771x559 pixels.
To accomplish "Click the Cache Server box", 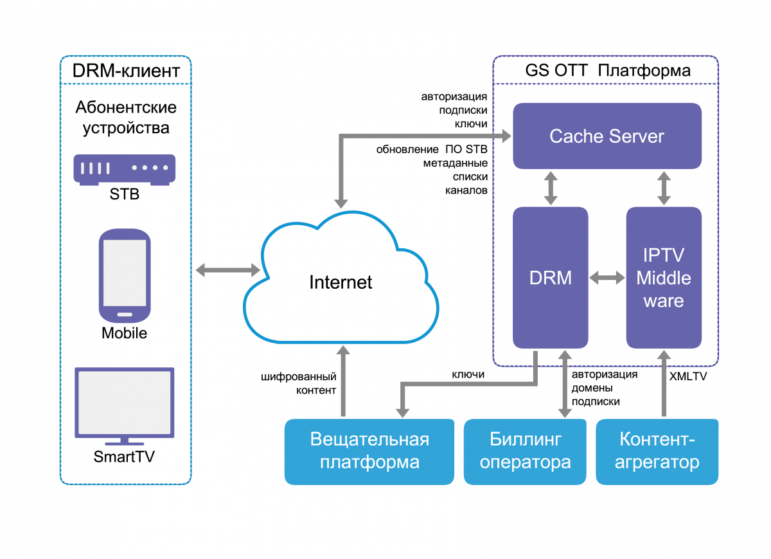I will [x=607, y=136].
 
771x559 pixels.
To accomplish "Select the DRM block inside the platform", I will [x=550, y=277].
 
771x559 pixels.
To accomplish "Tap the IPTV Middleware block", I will [x=664, y=277].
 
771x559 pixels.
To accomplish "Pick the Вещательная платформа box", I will [x=369, y=451].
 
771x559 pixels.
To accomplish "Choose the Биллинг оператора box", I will [x=526, y=451].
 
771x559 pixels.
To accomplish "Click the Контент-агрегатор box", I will [x=657, y=451].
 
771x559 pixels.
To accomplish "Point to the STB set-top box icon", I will [x=125, y=170].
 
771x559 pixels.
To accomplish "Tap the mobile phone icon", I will [x=124, y=275].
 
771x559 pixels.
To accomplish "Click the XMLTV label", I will [x=687, y=376].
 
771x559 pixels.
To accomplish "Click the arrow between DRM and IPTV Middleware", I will [x=607, y=278].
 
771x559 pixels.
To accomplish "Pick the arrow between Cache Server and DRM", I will [x=551, y=188].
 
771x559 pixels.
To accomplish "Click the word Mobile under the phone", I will [x=124, y=333].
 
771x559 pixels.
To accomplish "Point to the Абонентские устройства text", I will [x=126, y=117].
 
